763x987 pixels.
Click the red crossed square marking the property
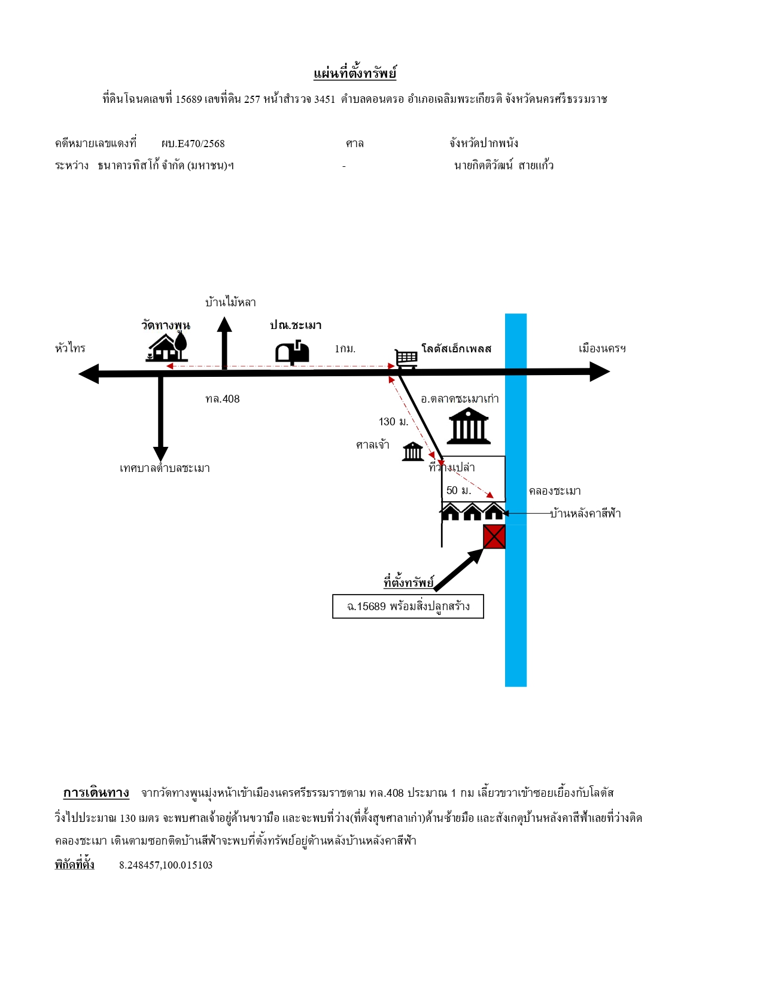tap(494, 537)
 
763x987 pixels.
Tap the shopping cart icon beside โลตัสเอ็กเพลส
tap(406, 359)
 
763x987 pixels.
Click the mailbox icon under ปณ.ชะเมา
tap(292, 352)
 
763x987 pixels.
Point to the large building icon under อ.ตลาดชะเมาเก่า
tap(468, 425)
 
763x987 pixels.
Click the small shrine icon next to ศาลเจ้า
tap(413, 452)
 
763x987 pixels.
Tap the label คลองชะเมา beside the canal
tap(554, 491)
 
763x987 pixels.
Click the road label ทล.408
tap(222, 399)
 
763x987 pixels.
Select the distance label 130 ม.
tap(394, 422)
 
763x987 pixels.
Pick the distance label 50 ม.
tap(458, 490)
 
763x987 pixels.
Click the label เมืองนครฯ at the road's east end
tap(601, 348)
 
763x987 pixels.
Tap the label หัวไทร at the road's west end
tap(70, 348)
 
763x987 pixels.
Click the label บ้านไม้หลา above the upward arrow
tap(230, 302)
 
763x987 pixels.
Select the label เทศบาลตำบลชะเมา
tap(165, 468)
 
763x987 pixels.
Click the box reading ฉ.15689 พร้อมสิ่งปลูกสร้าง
tap(408, 606)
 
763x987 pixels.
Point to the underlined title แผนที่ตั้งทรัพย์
tap(354, 73)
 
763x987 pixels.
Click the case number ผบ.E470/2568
tap(193, 144)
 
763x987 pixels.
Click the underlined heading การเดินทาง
tap(96, 793)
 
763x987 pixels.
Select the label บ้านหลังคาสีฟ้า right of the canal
tap(585, 513)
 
